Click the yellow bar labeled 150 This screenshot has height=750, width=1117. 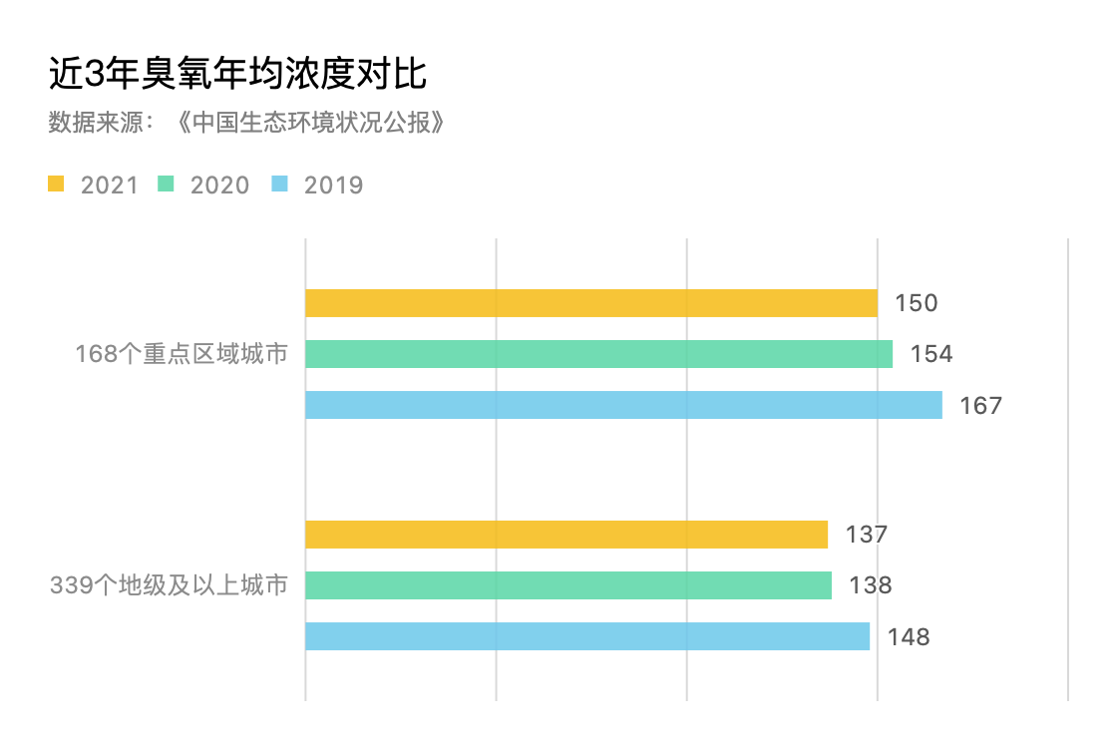[590, 302]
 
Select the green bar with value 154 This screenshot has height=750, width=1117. [598, 354]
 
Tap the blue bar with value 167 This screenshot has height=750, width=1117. [623, 405]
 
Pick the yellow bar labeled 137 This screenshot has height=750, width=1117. [566, 534]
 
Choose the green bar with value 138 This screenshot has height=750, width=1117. [567, 585]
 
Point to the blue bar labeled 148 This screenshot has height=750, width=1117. [587, 636]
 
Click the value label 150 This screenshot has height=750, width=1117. [917, 303]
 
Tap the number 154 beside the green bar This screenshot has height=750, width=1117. [931, 354]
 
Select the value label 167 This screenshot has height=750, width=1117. [980, 406]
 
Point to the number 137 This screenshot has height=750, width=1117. [866, 535]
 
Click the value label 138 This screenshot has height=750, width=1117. [870, 585]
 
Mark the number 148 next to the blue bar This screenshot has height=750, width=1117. [909, 637]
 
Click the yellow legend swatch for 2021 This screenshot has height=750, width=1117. [56, 185]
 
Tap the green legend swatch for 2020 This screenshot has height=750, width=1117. [166, 185]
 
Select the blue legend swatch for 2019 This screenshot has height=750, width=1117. [280, 185]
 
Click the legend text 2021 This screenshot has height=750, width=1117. [110, 186]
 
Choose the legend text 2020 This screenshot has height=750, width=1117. [220, 186]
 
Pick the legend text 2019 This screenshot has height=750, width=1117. [334, 186]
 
